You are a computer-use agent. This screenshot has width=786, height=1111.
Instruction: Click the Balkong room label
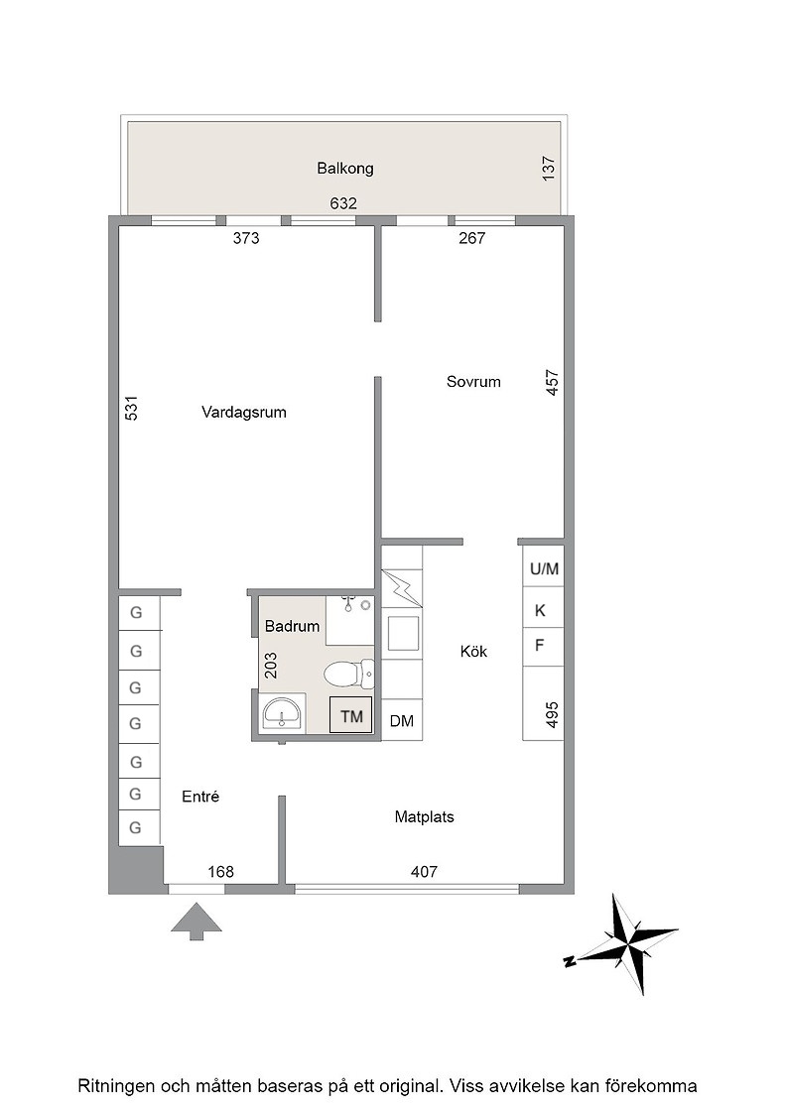(345, 169)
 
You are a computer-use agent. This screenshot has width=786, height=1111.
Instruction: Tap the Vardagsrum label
(244, 413)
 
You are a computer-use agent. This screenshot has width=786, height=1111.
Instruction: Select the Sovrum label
(473, 382)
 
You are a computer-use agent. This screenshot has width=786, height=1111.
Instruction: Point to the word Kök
(473, 651)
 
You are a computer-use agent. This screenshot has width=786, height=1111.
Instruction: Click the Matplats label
(424, 817)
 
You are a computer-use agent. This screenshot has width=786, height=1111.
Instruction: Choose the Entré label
(200, 797)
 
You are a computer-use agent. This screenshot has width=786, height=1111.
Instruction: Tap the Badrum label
(292, 626)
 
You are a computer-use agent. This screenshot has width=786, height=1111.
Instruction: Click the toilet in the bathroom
(348, 674)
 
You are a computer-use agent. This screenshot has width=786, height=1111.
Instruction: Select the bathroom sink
(283, 713)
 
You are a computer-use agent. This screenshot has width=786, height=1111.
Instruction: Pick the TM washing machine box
(351, 715)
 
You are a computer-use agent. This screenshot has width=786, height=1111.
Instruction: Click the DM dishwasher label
(402, 721)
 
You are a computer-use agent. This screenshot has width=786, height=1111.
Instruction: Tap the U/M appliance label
(544, 569)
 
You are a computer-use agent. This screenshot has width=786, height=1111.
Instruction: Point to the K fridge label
(540, 611)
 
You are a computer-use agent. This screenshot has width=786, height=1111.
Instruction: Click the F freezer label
(539, 646)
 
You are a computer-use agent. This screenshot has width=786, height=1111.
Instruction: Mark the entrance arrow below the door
(196, 922)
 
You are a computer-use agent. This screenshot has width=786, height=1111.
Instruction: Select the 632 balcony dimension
(343, 203)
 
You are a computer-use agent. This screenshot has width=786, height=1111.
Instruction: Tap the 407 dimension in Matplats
(424, 872)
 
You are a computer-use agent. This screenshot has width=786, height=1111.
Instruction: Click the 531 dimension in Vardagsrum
(132, 408)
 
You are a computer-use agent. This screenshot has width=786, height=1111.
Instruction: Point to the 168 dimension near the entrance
(220, 872)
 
